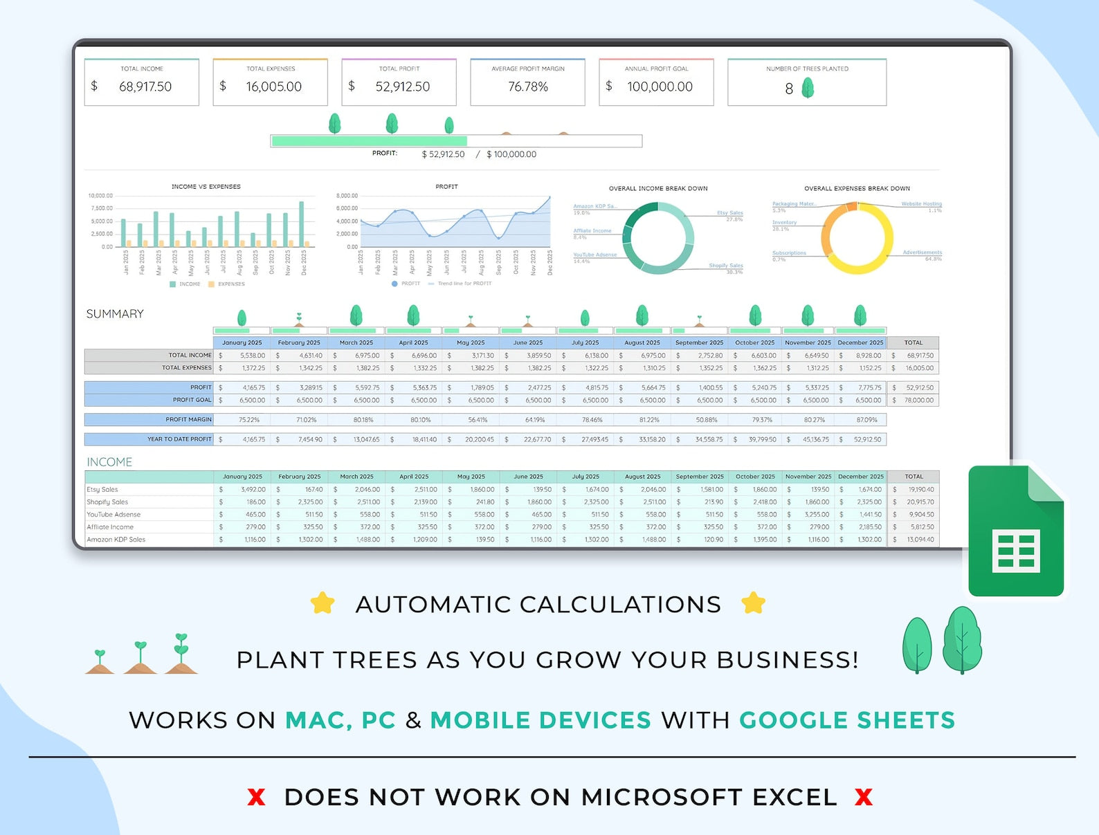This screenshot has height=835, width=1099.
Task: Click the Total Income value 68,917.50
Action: [145, 87]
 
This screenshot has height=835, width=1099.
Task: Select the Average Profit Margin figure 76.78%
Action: [528, 87]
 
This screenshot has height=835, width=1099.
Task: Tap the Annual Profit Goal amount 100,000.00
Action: [660, 87]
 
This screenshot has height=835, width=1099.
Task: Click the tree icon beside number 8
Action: [808, 88]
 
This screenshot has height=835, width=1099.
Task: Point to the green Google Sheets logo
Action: [1016, 531]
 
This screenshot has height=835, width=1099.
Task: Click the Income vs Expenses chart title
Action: [206, 187]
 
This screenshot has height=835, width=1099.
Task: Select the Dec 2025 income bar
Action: [301, 223]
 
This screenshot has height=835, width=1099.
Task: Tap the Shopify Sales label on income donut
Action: [725, 266]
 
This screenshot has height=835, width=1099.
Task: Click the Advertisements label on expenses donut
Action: [922, 253]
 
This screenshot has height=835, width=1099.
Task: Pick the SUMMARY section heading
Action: [115, 314]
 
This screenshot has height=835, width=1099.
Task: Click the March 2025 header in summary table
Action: [356, 342]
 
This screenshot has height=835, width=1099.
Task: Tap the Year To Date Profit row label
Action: [179, 439]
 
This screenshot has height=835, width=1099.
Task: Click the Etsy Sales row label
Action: [102, 490]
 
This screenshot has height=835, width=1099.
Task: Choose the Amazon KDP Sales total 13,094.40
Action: [920, 540]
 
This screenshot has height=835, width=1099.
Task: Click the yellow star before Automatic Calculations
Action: [323, 603]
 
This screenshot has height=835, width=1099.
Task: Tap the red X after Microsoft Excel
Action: [863, 798]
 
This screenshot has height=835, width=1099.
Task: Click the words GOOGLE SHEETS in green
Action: [847, 721]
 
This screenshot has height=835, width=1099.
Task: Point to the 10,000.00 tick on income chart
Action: [100, 196]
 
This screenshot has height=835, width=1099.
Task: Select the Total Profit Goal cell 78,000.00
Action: [918, 401]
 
